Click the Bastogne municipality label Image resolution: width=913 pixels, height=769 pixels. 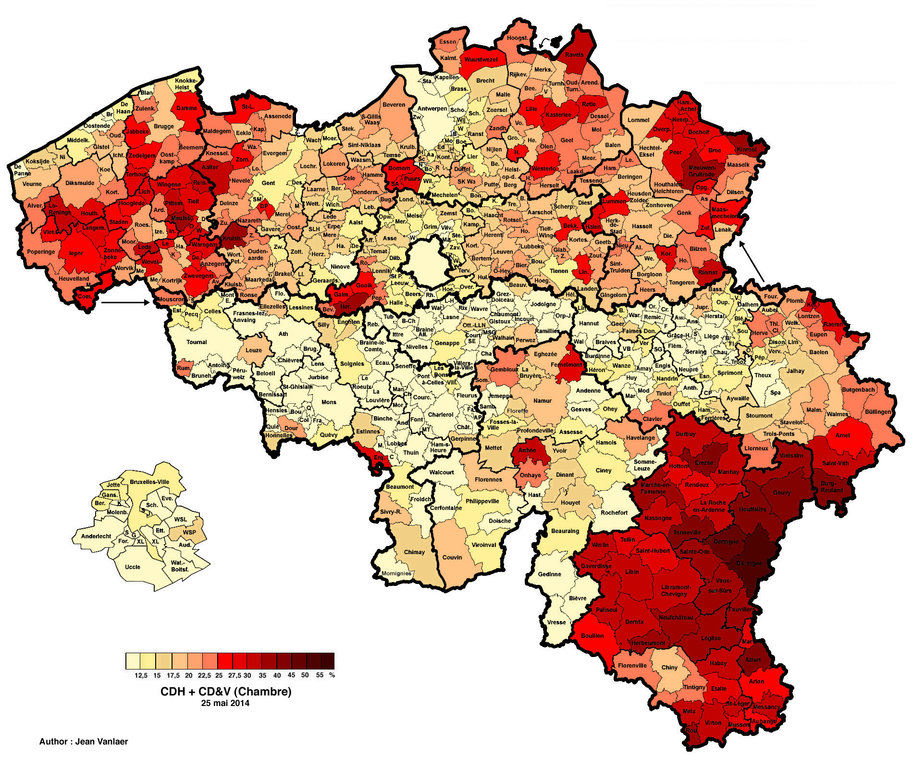click(749, 563)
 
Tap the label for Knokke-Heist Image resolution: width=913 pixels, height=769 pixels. click(185, 84)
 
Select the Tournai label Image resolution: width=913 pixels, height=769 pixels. click(197, 342)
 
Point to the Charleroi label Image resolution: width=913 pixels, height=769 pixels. click(440, 414)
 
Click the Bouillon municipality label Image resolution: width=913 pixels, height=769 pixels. click(592, 635)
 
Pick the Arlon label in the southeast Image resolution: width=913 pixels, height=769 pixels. click(756, 681)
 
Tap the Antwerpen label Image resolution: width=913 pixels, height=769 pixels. click(432, 109)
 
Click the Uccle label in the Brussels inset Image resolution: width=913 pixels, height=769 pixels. click(133, 567)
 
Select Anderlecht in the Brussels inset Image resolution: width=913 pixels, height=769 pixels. click(96, 536)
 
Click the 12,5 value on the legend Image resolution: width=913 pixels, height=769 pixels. click(141, 675)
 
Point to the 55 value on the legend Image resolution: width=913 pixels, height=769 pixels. click(320, 675)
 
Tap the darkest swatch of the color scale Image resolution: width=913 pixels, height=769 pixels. click(328, 661)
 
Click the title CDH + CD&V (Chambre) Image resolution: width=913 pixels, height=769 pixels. click(226, 692)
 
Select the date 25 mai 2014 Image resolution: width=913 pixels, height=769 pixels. click(225, 703)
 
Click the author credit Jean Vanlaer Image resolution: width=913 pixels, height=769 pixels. click(84, 742)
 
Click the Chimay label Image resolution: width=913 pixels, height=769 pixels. click(414, 552)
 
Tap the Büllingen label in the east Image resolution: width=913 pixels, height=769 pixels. click(877, 412)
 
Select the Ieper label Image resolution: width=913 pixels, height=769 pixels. click(76, 253)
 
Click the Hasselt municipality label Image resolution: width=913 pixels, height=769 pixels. click(642, 226)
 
